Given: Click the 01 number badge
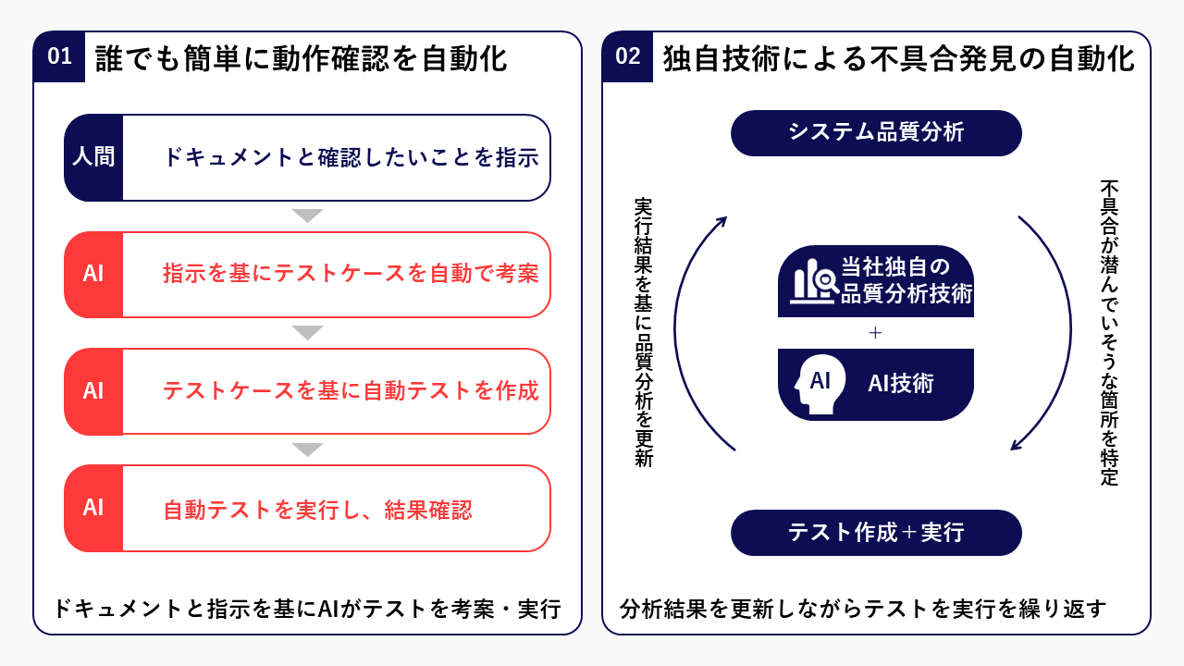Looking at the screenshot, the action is (x=59, y=57).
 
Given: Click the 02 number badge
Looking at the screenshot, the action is (x=627, y=57).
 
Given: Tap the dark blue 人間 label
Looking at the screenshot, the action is (x=93, y=157).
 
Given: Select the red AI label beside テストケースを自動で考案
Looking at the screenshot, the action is (x=93, y=274).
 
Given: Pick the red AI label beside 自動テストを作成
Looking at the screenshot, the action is (x=93, y=390).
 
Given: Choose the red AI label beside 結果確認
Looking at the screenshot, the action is (x=93, y=507).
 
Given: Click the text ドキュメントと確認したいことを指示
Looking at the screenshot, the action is (x=351, y=157).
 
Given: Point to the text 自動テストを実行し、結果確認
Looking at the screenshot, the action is (x=317, y=510).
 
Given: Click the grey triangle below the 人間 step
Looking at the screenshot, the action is (x=307, y=216).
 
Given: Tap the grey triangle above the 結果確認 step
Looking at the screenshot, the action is (x=307, y=450).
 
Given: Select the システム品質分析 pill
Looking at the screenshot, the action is (x=876, y=133).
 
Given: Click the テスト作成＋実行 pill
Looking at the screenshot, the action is (x=876, y=533).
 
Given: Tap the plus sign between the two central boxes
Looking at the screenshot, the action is (x=876, y=333).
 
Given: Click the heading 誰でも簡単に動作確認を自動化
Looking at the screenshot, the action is (x=302, y=58).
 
